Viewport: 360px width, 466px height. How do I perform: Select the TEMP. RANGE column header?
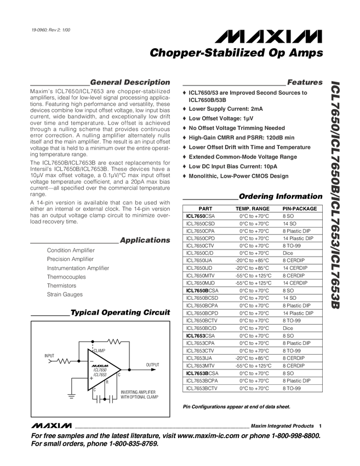(252, 209)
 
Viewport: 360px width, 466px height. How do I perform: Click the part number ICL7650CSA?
(201, 217)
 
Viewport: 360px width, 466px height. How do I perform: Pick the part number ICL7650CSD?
(201, 224)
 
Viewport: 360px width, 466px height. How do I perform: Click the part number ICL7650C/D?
(199, 253)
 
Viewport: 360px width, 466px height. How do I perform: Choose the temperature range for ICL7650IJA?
(253, 261)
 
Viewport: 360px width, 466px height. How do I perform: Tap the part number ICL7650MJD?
(201, 283)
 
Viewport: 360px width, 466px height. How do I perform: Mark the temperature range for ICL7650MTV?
(253, 276)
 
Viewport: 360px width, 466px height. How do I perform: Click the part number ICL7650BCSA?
(202, 291)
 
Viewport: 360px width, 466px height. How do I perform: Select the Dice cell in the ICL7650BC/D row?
(288, 328)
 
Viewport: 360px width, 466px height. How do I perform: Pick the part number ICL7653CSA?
(201, 336)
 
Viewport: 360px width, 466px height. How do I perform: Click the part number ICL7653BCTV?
(202, 388)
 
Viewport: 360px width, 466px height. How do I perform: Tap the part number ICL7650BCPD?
(202, 313)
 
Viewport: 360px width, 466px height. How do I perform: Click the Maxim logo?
(52, 425)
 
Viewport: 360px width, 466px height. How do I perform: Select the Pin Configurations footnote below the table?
(236, 407)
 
